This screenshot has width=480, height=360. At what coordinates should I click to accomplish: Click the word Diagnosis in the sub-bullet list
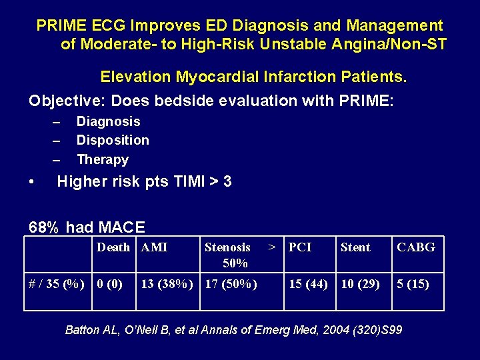point(108,121)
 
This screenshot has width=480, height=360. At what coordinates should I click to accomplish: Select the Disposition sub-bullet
point(113,140)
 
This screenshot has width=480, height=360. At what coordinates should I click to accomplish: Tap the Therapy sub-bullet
point(103,159)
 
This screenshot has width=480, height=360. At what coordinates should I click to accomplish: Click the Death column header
point(113,247)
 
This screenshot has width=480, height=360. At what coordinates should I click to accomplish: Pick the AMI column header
point(155,247)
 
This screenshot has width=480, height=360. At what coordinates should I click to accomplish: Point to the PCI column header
point(300,247)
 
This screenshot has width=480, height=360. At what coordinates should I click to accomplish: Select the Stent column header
point(355,247)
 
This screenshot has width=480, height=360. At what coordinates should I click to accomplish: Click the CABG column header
point(416,247)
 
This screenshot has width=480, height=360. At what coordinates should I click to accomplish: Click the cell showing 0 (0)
point(110,284)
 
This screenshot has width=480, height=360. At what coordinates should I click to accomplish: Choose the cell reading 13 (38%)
point(167,284)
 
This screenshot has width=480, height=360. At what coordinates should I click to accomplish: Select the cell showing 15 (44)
point(308,284)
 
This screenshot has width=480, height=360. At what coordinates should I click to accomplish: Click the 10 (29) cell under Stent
point(360,284)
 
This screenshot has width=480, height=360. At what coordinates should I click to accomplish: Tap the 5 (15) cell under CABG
point(413,284)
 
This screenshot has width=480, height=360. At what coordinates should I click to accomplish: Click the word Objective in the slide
point(65,101)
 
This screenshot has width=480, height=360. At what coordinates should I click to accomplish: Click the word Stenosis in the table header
point(227,247)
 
